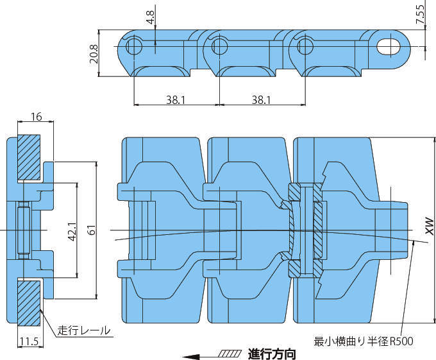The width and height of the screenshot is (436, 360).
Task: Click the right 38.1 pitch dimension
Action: coord(261,99)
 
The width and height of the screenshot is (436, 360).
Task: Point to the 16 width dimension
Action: coord(36,117)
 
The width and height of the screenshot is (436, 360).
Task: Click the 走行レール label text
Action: coord(83,331)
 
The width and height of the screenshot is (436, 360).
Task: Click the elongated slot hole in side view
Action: coord(388,46)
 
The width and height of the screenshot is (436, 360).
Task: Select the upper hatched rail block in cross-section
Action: coord(29,157)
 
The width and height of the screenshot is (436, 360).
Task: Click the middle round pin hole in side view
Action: coord(220,46)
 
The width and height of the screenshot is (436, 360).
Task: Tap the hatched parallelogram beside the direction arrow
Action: coord(230,353)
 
